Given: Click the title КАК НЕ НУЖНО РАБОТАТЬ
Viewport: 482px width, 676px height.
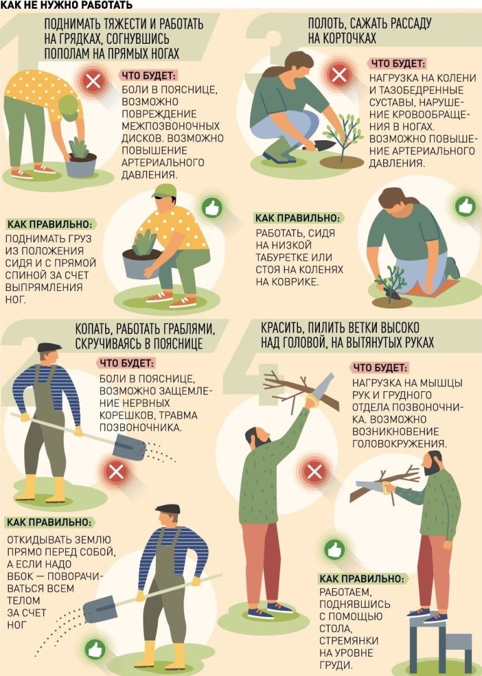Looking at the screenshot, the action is click(66, 5).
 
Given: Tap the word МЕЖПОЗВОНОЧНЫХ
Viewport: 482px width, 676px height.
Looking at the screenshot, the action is click(171, 126).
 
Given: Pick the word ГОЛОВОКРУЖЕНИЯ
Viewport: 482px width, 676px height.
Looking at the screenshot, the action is click(399, 444).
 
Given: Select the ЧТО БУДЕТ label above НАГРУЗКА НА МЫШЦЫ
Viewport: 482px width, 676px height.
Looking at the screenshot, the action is click(380, 368).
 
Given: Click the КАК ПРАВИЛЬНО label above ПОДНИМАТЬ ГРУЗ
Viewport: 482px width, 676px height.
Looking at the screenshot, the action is click(49, 225).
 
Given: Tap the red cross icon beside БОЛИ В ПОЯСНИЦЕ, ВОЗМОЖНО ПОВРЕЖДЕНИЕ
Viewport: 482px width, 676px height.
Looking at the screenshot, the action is click(93, 81).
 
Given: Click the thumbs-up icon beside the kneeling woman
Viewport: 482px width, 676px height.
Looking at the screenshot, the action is click(465, 207).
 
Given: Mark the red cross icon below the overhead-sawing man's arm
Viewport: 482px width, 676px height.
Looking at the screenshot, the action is click(314, 472).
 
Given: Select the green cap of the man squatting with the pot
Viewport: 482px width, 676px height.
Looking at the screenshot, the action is click(165, 191).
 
